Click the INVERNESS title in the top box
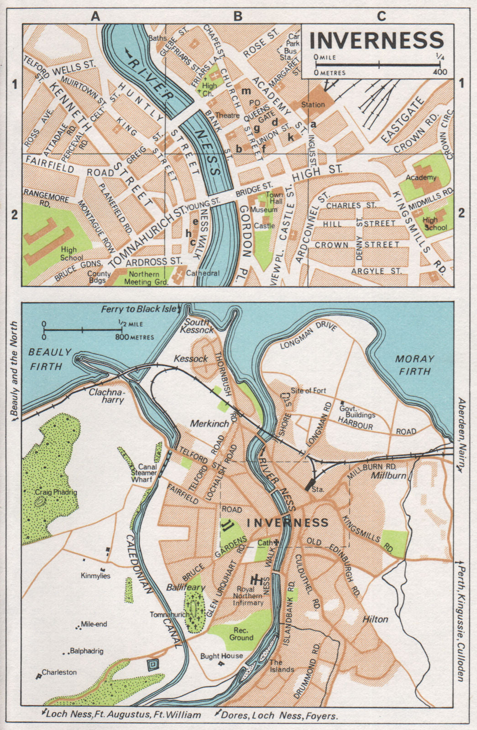(x=377, y=40)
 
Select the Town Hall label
(x=274, y=198)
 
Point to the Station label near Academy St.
(x=313, y=104)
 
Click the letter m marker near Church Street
(x=246, y=91)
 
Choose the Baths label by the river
(x=157, y=38)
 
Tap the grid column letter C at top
(x=381, y=16)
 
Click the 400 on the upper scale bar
(x=440, y=72)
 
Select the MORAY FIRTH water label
(x=414, y=365)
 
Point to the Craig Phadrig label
(x=56, y=492)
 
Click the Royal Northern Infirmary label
(x=248, y=596)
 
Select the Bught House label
(x=221, y=656)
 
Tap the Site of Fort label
(x=309, y=391)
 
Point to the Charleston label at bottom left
(x=59, y=672)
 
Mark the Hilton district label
(x=375, y=619)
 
